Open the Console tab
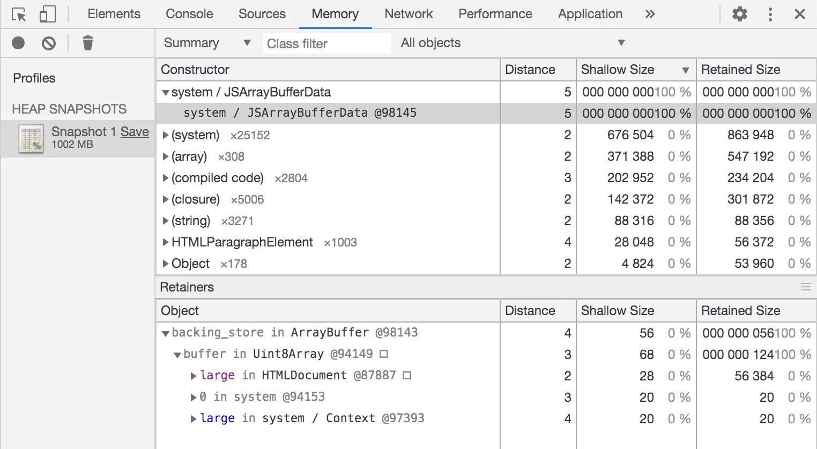coord(189,14)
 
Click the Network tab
coord(408,14)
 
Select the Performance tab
coord(495,14)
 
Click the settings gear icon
coord(740,14)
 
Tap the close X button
coord(799,14)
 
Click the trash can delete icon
coord(87,43)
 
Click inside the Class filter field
coord(326,43)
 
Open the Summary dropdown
coord(207,43)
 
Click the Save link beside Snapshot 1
coord(135,132)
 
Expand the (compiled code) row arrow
coord(165,178)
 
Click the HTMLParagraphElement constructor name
coord(242,242)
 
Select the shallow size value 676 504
coord(630,135)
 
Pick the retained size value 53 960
coord(754,264)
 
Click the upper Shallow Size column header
coord(617,70)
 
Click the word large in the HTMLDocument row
coord(217,376)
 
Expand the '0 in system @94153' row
coord(194,397)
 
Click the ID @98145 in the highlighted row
coord(396,113)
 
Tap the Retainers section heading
coord(187,287)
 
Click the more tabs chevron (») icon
coord(650,14)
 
